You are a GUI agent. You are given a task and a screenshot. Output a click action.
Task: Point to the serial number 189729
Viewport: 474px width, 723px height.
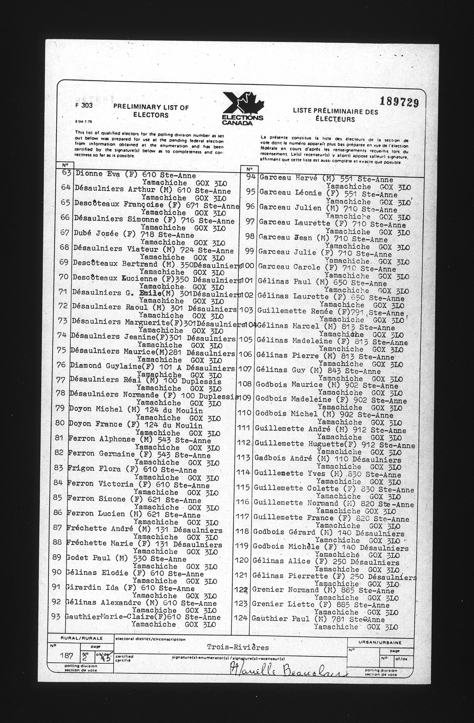point(399,102)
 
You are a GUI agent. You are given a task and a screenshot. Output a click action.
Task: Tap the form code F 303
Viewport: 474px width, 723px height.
point(84,105)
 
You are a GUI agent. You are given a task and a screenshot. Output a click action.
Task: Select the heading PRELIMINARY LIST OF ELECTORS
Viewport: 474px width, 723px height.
point(151,111)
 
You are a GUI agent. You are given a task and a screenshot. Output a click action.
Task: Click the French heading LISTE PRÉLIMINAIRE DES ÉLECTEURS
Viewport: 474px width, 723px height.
point(335,115)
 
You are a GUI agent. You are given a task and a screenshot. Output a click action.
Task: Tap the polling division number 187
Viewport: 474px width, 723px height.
point(66,655)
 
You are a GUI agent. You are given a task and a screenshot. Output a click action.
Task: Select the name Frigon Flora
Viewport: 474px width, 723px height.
point(94,469)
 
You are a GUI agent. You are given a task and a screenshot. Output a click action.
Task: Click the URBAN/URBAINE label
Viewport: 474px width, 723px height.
point(380,642)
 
